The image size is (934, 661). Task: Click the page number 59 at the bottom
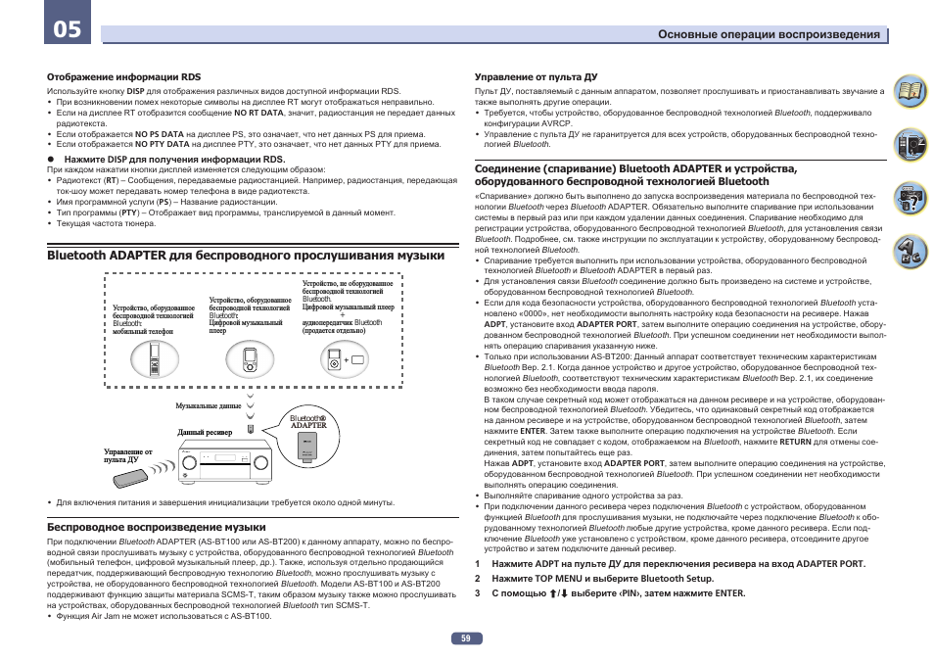[466, 637]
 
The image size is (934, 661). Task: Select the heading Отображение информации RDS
[124, 75]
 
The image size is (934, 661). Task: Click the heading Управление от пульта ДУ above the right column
[536, 76]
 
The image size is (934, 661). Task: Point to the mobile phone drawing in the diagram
[154, 359]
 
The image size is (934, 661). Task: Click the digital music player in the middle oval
[250, 358]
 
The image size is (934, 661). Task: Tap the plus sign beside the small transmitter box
[347, 360]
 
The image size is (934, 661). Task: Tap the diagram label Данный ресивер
[204, 432]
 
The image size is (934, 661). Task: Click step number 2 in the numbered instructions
[478, 578]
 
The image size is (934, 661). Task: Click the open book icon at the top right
[911, 92]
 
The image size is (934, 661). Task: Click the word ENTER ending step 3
[729, 593]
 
